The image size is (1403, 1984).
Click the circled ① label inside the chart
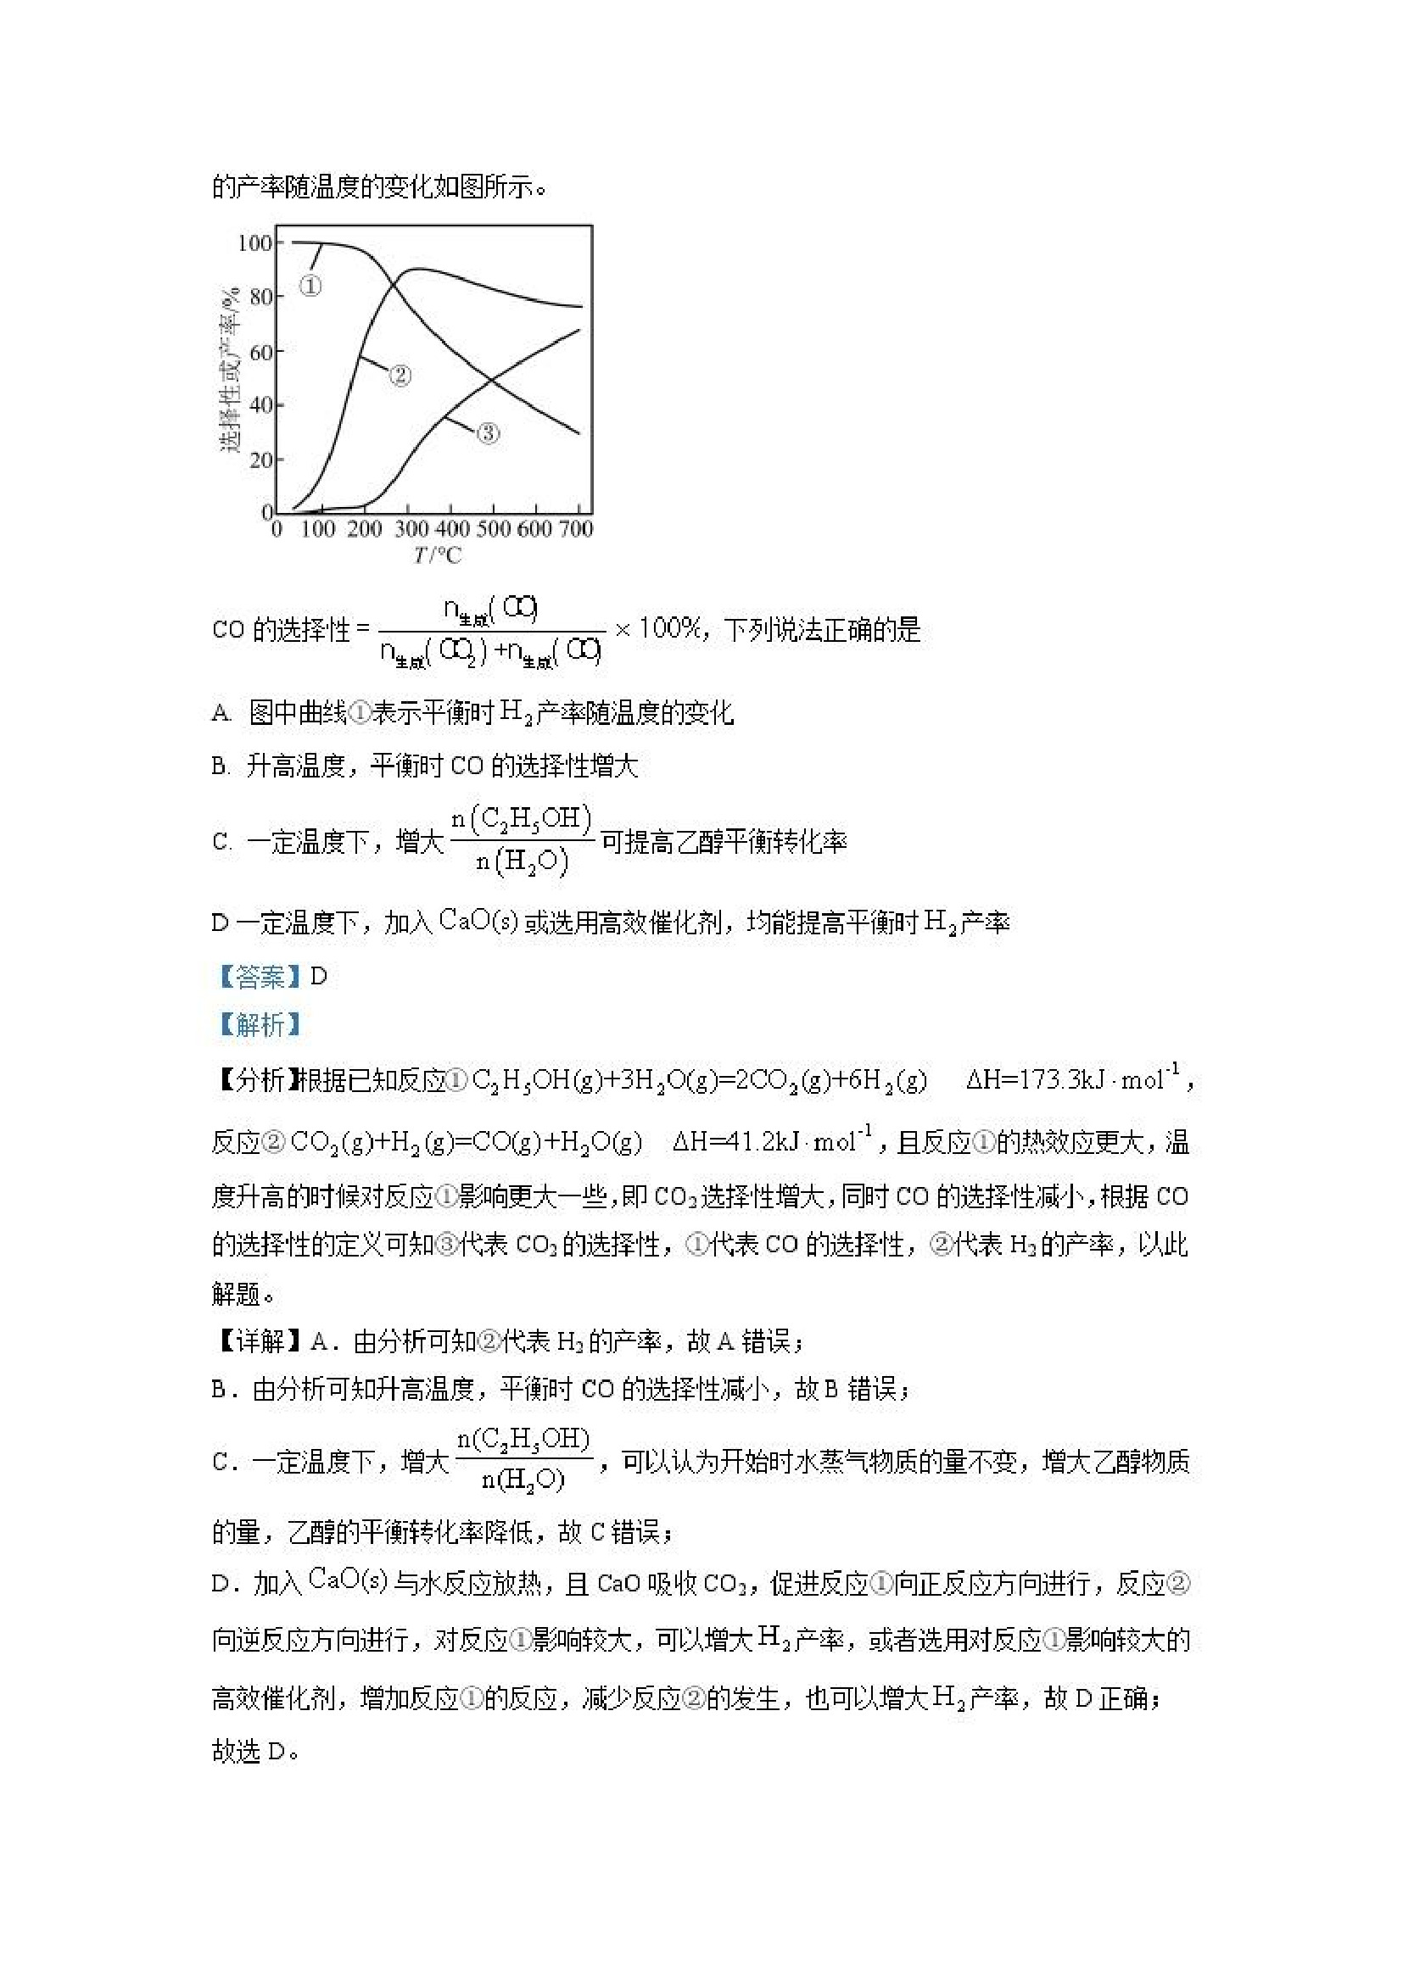tap(310, 285)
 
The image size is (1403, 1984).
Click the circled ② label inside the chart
tap(400, 375)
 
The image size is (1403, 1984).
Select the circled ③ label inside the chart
tap(489, 433)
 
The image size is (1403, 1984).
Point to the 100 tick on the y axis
tap(255, 242)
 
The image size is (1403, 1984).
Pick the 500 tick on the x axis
tap(494, 529)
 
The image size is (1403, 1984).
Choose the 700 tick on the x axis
tap(576, 529)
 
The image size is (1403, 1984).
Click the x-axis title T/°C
tap(438, 555)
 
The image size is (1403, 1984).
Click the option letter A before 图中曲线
tap(221, 714)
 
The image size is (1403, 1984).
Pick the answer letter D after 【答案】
tap(319, 978)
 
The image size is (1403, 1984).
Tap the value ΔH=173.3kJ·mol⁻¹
tap(1073, 1079)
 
